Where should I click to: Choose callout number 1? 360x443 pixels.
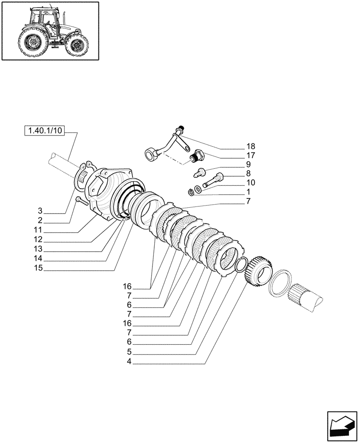coord(248,192)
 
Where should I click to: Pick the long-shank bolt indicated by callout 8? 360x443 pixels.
coord(213,180)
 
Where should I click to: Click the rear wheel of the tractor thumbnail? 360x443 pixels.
coord(31,43)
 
